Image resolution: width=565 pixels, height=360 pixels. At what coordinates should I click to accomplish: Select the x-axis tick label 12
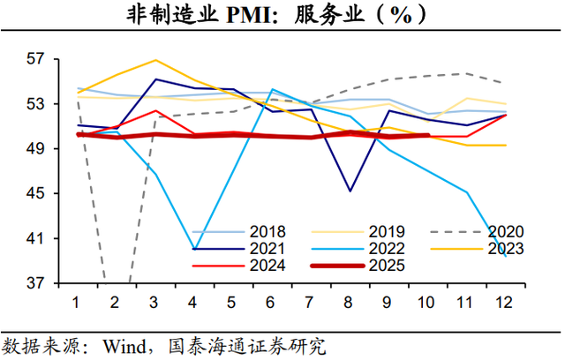505,302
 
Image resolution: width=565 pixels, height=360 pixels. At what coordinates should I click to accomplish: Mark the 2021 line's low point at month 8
350,191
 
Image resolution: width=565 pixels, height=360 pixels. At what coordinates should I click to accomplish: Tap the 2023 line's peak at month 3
155,60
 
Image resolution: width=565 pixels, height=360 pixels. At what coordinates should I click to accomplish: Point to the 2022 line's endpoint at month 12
505,256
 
